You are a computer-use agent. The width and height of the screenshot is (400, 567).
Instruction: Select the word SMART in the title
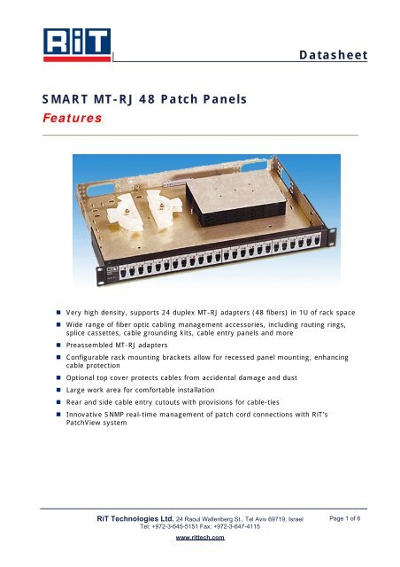pyautogui.click(x=67, y=100)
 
